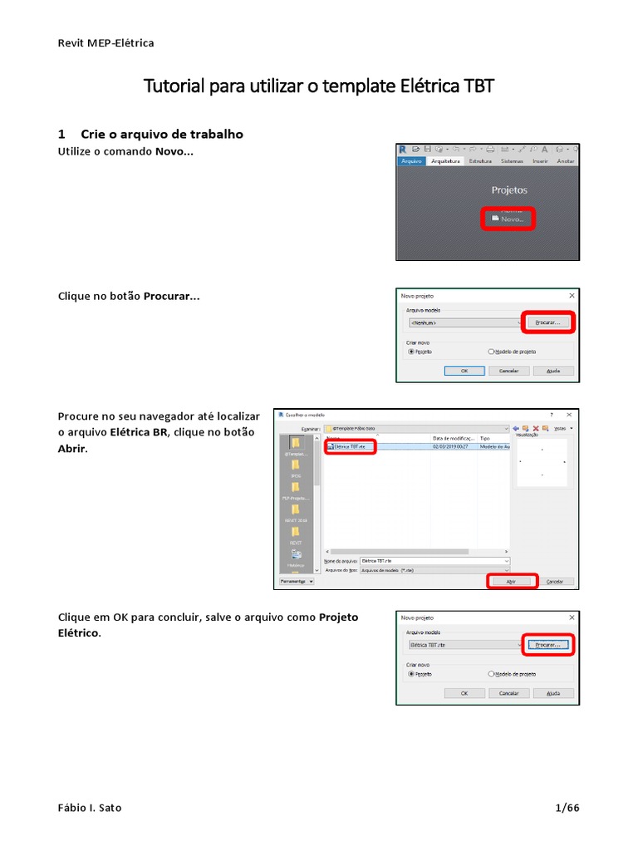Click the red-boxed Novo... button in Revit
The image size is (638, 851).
(508, 219)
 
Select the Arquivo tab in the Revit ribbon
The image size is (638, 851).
(411, 161)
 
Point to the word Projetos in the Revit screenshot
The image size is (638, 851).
(508, 190)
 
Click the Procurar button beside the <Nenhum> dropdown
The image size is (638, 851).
(547, 322)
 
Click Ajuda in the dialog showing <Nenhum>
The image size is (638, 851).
(553, 371)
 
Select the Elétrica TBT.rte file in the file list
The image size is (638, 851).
(350, 446)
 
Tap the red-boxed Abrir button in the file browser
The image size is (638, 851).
(512, 581)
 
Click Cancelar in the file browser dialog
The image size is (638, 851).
(556, 581)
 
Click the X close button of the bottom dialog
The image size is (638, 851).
(572, 618)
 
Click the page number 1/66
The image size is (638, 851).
(567, 808)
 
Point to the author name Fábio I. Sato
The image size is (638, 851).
(90, 808)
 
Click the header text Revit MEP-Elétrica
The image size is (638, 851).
(106, 42)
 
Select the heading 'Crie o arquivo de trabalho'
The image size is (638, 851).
(161, 134)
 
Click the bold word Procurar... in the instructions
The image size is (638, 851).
(171, 296)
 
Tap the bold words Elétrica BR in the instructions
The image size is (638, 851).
(139, 432)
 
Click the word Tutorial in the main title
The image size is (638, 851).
(174, 86)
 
